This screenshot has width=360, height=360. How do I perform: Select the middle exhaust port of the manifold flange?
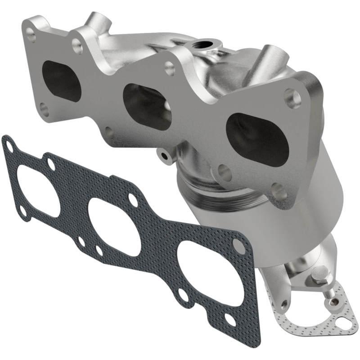coord(147,106)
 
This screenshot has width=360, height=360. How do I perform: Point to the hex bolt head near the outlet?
coord(319,273)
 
